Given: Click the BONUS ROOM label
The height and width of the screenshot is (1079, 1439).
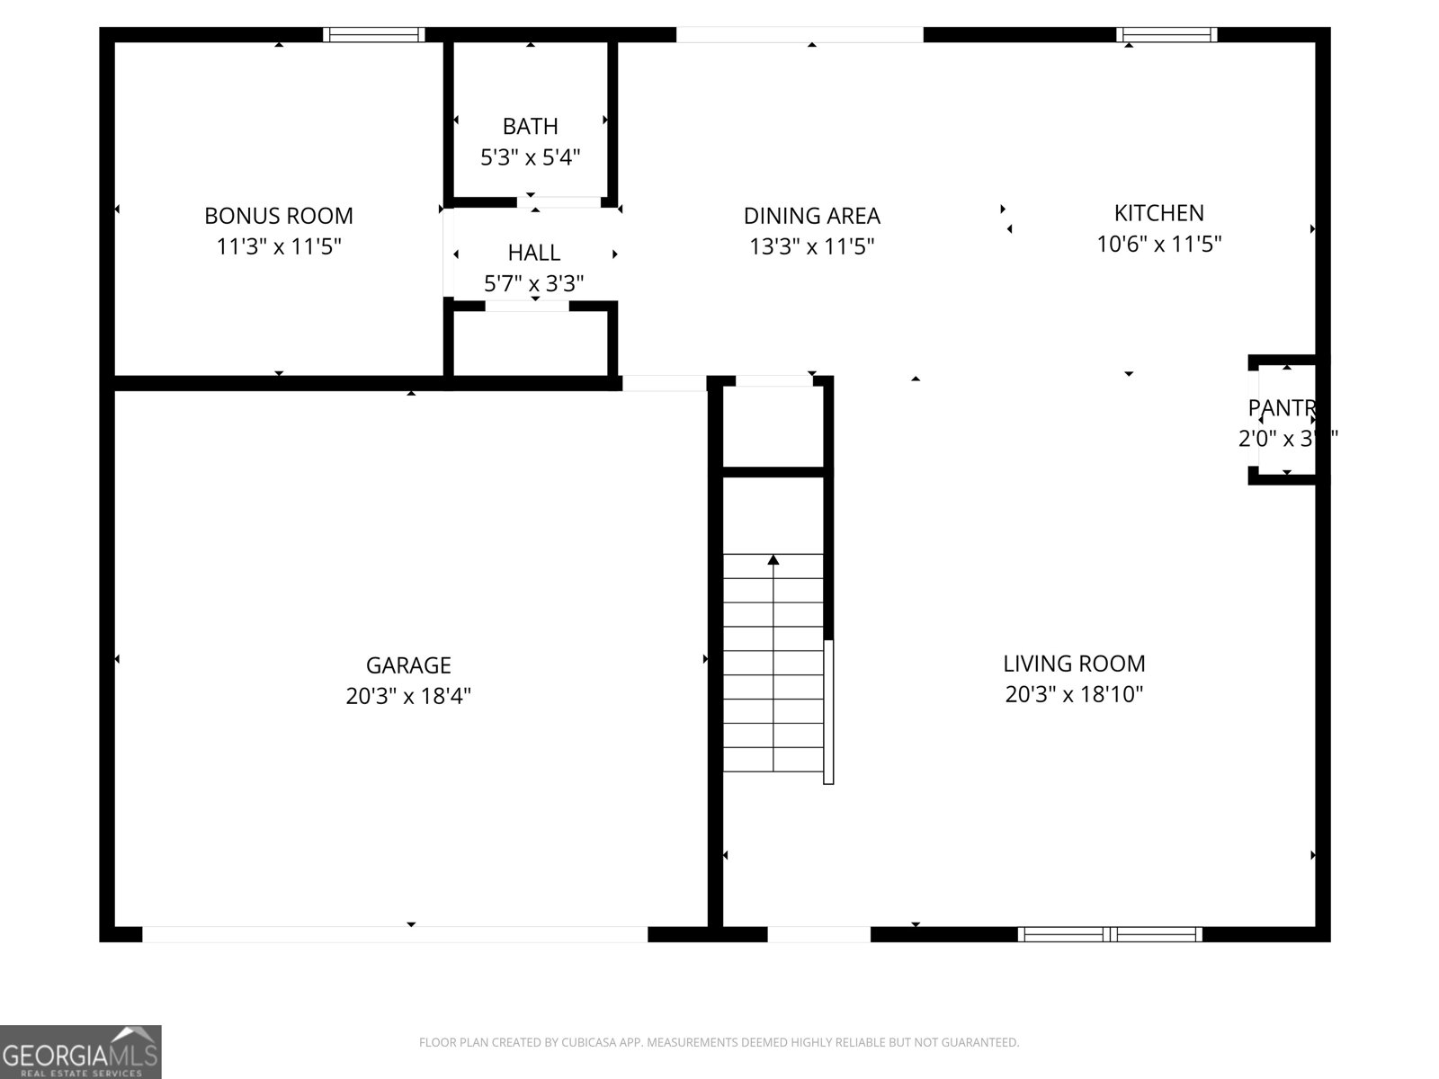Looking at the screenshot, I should tap(279, 216).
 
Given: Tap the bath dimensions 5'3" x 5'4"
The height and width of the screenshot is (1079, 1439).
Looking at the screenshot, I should tap(530, 158).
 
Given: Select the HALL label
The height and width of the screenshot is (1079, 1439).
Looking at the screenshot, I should tap(533, 253).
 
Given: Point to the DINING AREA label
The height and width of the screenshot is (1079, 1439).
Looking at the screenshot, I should tap(811, 216).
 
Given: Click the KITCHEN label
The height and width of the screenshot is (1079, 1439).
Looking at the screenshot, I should tap(1158, 213).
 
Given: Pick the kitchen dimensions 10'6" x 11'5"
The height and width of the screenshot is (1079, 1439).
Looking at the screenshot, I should tap(1158, 244).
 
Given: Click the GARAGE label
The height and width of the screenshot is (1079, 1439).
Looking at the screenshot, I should tap(408, 665).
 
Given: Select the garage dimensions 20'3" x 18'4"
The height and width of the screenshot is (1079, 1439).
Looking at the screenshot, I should tap(408, 696).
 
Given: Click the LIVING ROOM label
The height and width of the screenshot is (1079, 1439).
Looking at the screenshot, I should tap(1074, 664).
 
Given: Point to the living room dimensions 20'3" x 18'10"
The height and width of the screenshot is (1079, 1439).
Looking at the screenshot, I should tap(1074, 694).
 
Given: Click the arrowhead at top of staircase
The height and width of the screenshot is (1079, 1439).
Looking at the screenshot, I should tap(773, 560).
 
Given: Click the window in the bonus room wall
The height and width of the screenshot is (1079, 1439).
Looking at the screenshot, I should tap(373, 35).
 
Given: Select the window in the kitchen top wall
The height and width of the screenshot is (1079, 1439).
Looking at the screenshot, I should tap(1166, 35).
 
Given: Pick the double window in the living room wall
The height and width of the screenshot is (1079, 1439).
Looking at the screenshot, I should tap(1110, 934).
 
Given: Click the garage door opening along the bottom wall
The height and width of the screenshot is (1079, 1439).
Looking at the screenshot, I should tap(395, 934).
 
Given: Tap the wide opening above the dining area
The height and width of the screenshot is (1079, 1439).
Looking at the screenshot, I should tap(800, 35).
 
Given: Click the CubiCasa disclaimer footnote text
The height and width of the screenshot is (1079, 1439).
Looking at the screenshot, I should tap(719, 1043).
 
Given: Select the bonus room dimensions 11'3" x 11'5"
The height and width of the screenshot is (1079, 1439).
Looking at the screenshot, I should tap(279, 246).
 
